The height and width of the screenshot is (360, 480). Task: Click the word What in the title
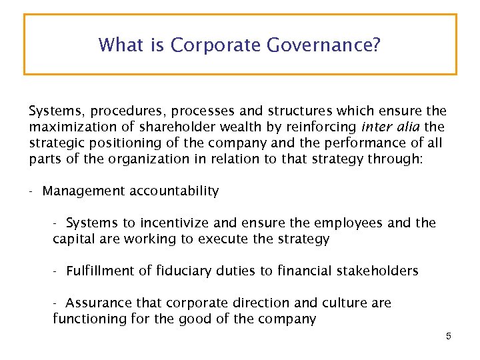click(x=119, y=45)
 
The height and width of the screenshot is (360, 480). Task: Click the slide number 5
click(x=449, y=337)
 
